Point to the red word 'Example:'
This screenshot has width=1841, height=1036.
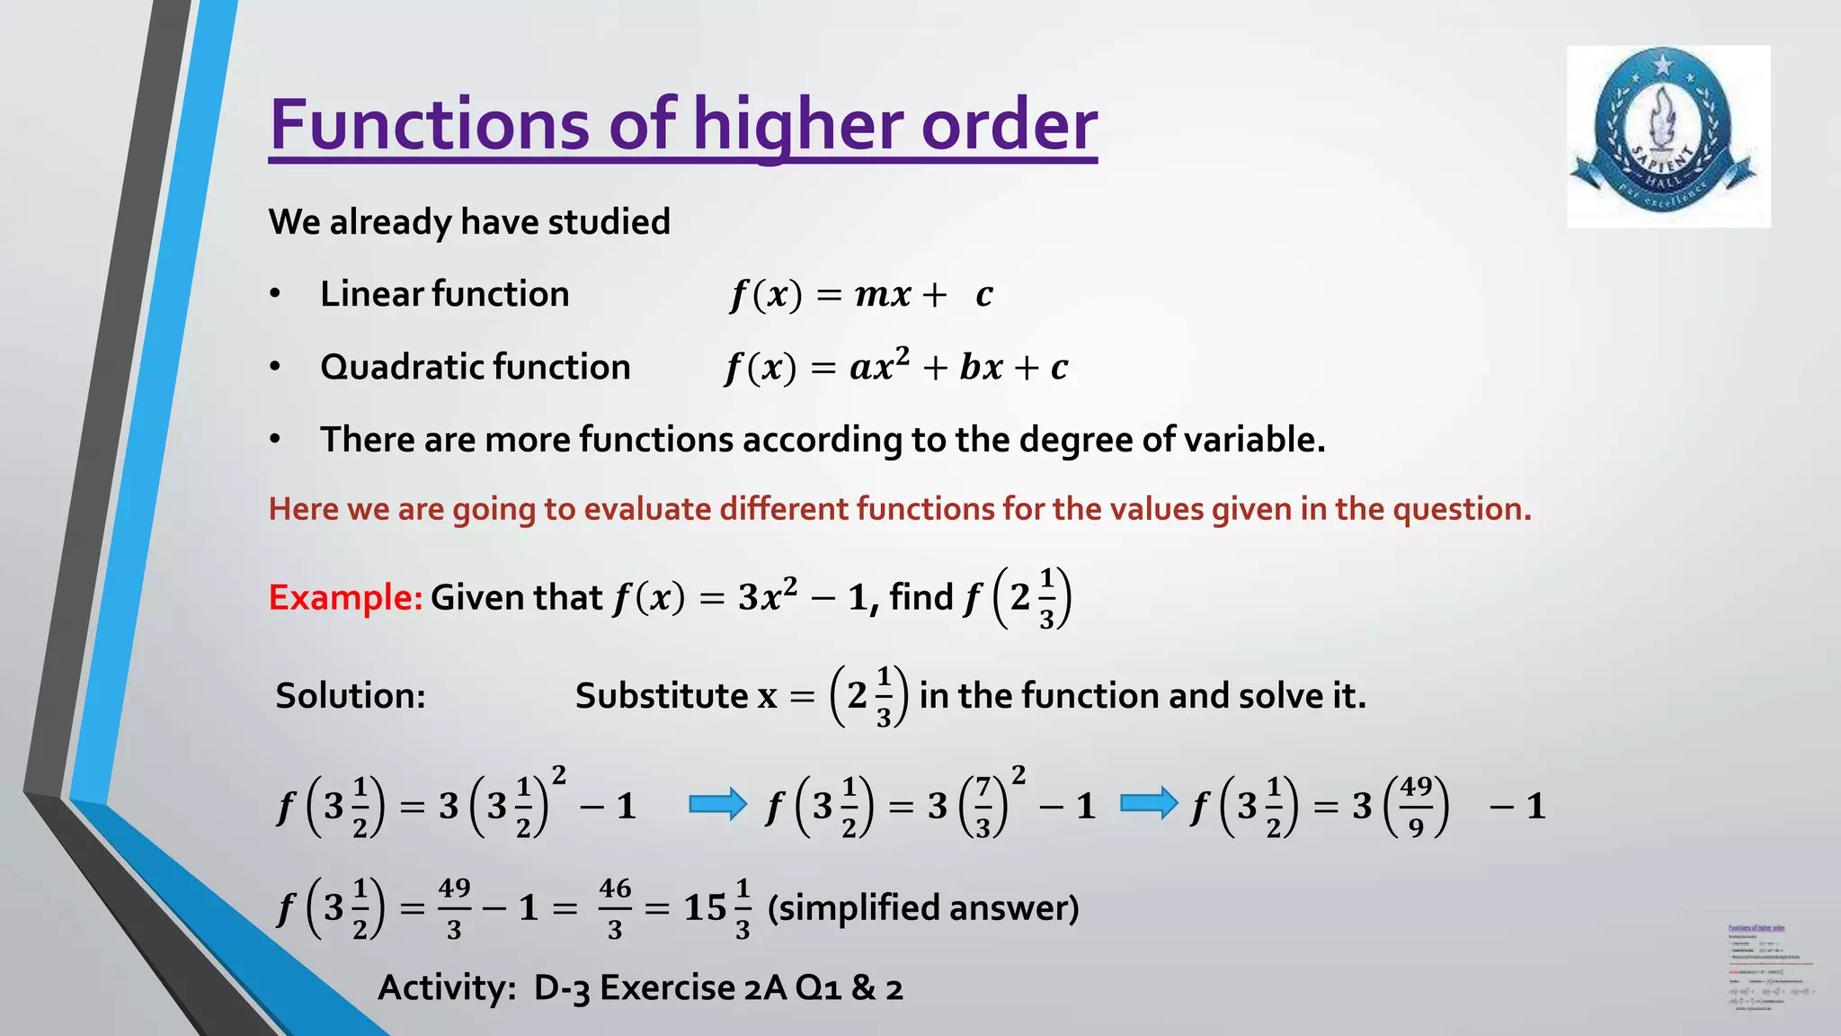click(x=345, y=597)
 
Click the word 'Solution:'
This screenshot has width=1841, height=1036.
click(x=351, y=695)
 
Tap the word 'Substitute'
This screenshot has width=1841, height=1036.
click(x=662, y=695)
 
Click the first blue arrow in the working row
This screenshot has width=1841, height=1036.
click(x=717, y=804)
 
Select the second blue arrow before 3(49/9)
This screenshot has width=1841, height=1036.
click(x=1149, y=804)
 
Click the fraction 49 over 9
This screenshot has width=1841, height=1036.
click(x=1416, y=806)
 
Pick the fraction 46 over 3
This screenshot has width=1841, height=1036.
click(x=615, y=908)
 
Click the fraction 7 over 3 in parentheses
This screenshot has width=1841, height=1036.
click(x=983, y=806)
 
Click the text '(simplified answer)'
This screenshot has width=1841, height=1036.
click(x=923, y=907)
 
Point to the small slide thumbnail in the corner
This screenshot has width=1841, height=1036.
click(x=1769, y=967)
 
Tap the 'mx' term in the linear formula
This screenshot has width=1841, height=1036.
click(x=882, y=294)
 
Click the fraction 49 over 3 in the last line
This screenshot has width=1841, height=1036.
click(x=454, y=908)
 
